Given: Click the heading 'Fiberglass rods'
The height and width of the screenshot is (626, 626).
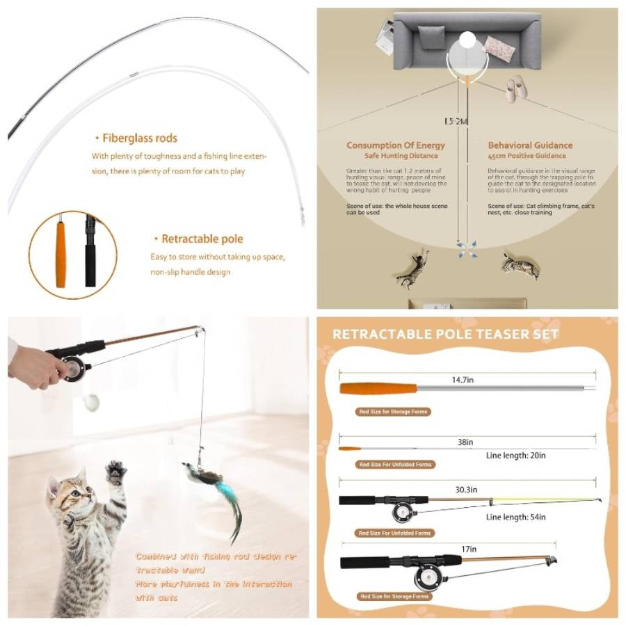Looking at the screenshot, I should click(x=139, y=138).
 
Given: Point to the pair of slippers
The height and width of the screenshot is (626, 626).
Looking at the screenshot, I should click(x=515, y=88).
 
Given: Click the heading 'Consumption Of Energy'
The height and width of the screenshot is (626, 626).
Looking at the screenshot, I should click(x=396, y=145).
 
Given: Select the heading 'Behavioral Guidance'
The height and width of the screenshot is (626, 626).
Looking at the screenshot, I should click(x=530, y=145).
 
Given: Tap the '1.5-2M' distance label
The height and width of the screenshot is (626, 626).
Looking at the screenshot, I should click(x=456, y=121).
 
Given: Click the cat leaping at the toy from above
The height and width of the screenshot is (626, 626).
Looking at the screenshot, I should click(x=413, y=270).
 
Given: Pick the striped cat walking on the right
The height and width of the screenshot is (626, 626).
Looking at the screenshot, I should click(x=521, y=266).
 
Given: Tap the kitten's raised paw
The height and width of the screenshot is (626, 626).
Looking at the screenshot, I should click(x=115, y=474).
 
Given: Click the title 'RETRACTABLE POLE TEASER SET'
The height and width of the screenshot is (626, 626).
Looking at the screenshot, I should click(x=445, y=335).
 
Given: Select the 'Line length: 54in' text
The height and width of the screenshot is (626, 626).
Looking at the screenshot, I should click(x=515, y=517).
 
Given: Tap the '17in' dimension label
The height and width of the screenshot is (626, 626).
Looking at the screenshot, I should click(x=469, y=549).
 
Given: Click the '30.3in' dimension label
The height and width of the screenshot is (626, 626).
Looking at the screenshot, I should click(x=465, y=490).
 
